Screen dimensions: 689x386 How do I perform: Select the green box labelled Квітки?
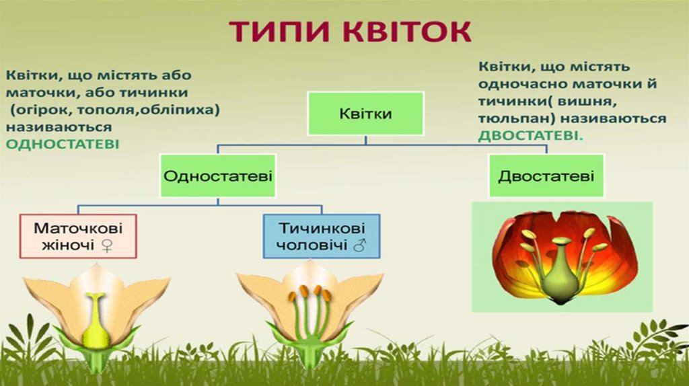click(365, 113)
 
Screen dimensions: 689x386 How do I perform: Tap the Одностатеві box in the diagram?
click(218, 176)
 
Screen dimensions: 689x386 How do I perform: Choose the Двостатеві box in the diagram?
click(546, 176)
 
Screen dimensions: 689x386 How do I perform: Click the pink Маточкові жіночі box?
click(78, 236)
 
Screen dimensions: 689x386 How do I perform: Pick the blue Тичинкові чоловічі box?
click(321, 236)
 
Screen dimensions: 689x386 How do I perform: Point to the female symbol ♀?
click(106, 245)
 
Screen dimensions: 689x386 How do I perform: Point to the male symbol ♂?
click(358, 245)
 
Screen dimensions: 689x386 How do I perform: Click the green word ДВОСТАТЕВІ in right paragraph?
click(530, 134)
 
